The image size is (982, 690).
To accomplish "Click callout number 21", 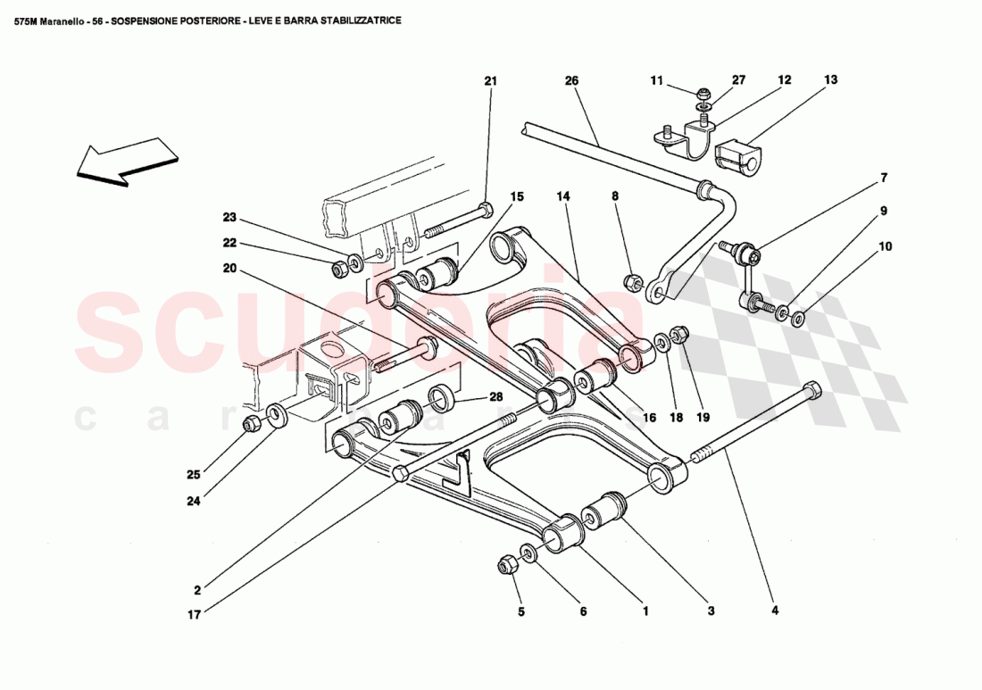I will (x=490, y=81).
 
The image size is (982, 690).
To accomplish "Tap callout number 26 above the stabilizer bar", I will (x=571, y=81).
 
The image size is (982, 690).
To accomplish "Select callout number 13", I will (x=830, y=80).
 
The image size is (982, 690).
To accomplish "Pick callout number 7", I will (x=884, y=178).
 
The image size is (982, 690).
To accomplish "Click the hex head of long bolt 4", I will (x=811, y=390).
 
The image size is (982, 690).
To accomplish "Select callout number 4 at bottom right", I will (x=775, y=611).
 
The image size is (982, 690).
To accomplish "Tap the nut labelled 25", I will (x=253, y=422).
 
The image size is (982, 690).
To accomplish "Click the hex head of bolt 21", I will (x=485, y=212).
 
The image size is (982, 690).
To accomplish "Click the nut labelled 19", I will (x=678, y=335).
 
